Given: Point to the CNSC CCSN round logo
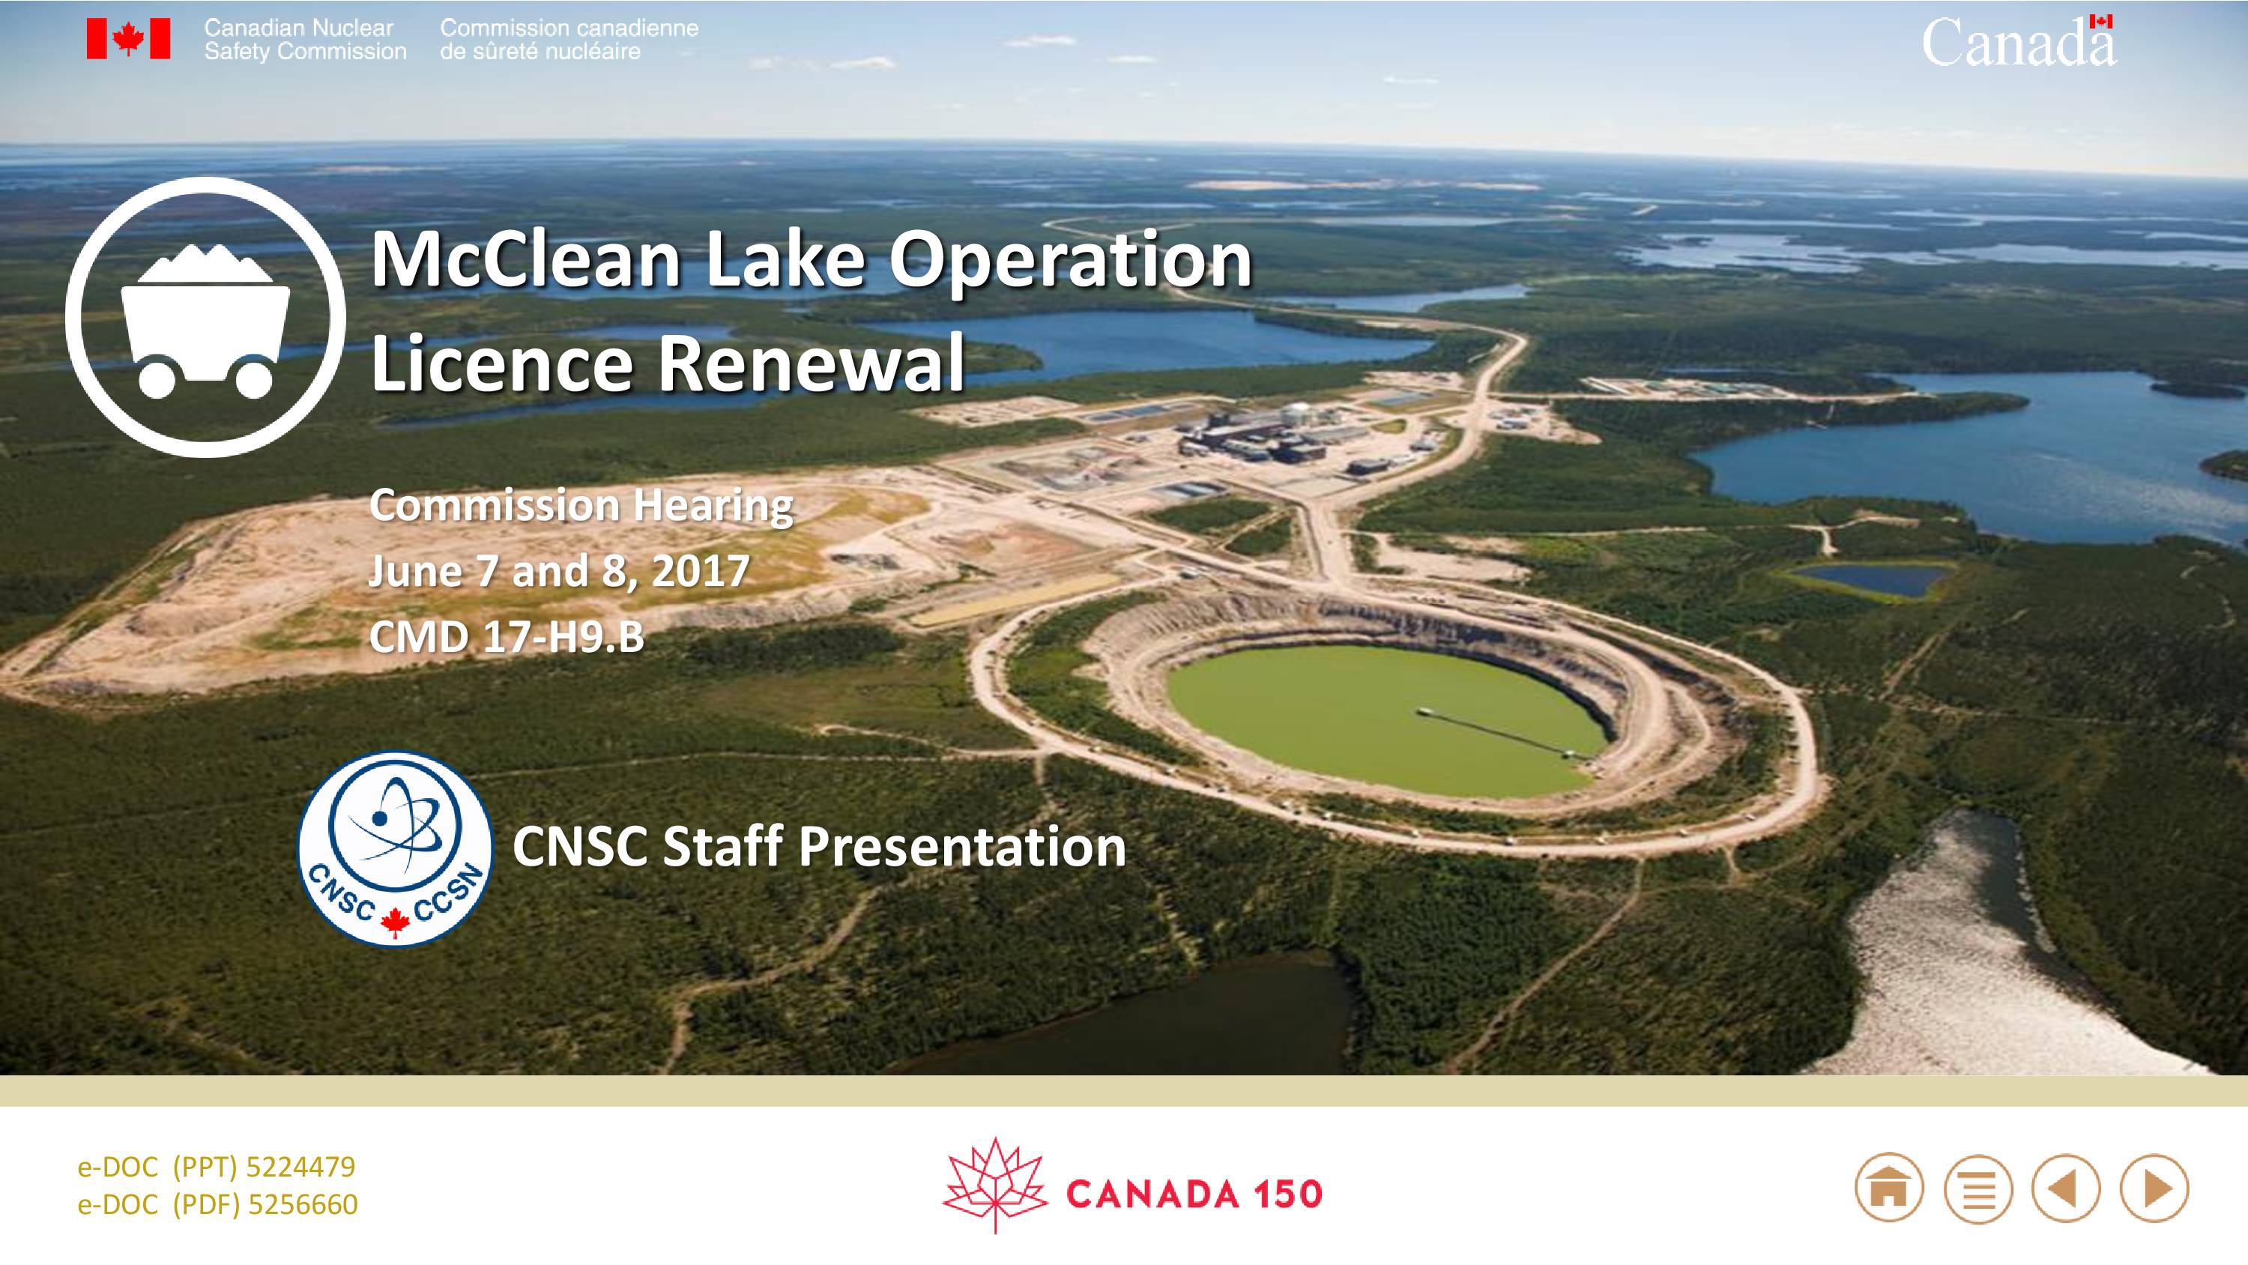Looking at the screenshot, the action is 396,848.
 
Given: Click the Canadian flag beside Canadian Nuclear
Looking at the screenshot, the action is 128,38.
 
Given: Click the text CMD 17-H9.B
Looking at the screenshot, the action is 506,637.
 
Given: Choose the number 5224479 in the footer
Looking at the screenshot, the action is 301,1168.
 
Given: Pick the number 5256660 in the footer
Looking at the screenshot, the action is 303,1205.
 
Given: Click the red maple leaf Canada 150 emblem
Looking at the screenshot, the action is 995,1185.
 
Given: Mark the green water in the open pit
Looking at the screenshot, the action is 1388,720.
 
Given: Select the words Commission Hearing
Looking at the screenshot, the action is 581,507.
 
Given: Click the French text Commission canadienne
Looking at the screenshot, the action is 569,28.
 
